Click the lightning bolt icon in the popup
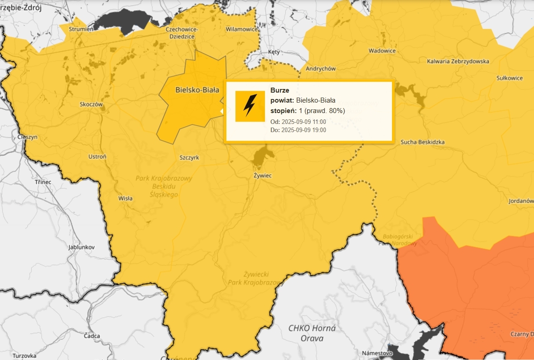point(250,106)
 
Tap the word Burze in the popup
point(279,90)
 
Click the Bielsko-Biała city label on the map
point(197,90)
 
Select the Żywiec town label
point(262,175)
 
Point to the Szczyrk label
point(189,158)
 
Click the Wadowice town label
point(382,51)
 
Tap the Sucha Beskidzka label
point(422,142)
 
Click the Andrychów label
point(321,69)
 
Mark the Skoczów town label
point(92,104)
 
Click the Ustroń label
point(97,157)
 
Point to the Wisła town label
point(125,198)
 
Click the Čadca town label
point(92,336)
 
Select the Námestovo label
point(377,353)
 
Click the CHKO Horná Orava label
point(312,333)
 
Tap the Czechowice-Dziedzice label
point(180,33)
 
